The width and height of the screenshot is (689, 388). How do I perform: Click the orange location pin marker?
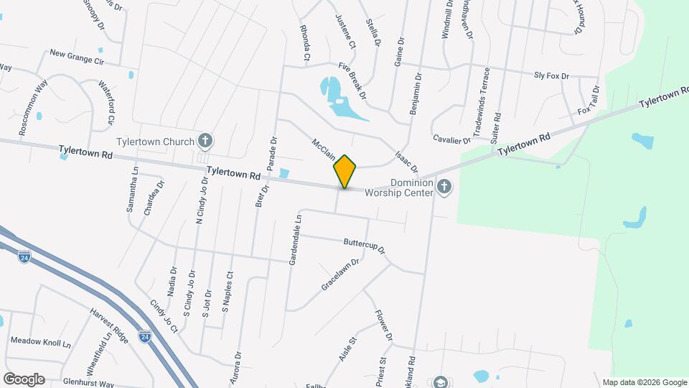pos(344,172)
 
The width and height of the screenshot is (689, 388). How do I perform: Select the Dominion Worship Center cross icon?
pos(444,188)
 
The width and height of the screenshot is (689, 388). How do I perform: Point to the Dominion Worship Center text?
pos(399,188)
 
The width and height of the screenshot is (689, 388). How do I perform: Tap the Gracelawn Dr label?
pos(339,274)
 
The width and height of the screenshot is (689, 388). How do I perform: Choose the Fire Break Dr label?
pos(352,80)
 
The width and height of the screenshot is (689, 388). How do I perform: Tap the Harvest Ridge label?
pos(108,325)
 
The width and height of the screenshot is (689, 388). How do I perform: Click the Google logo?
pos(24,379)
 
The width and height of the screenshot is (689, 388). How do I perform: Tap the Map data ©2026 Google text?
pos(644,382)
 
